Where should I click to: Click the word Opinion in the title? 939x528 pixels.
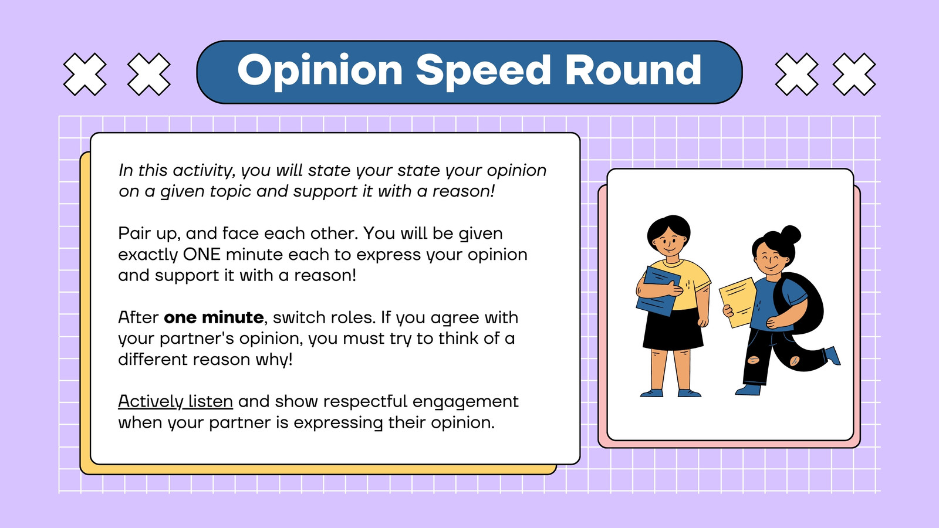click(320, 71)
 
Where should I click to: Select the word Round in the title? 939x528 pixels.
click(633, 70)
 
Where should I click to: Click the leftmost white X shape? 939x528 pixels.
click(85, 74)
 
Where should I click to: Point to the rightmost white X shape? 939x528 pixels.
click(854, 74)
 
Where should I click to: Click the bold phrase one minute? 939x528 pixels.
click(214, 317)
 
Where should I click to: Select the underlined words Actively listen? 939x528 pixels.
click(175, 402)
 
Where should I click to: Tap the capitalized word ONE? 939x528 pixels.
click(202, 255)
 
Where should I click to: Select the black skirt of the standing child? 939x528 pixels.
click(673, 329)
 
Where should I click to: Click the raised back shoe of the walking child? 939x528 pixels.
click(833, 356)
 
